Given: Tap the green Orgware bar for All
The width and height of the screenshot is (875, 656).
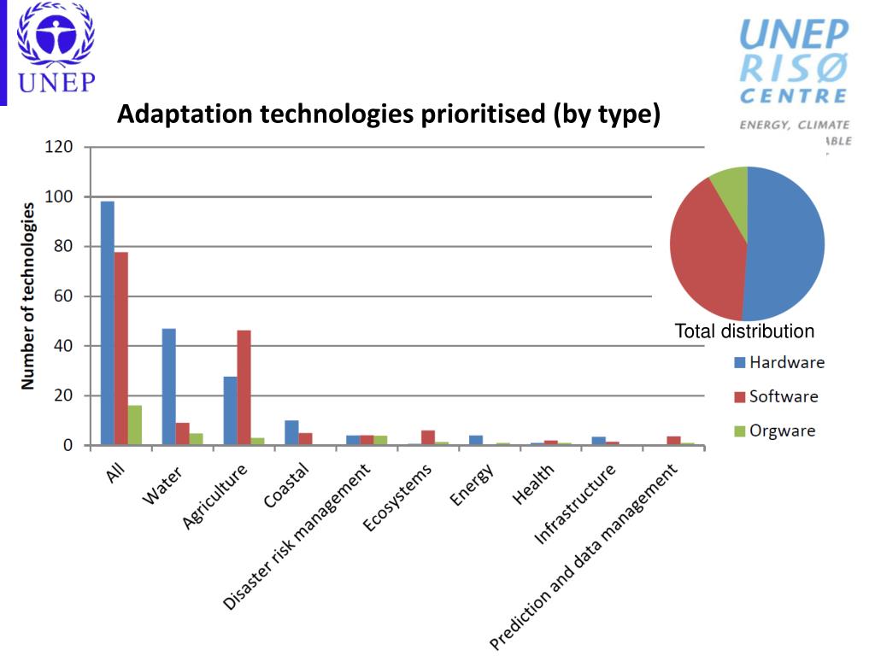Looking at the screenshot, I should pyautogui.click(x=135, y=425).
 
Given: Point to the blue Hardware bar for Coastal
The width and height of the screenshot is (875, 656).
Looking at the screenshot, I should pyautogui.click(x=292, y=433).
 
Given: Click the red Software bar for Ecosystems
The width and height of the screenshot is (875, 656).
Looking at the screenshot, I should pyautogui.click(x=428, y=437).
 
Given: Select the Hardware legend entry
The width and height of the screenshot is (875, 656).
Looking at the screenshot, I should pyautogui.click(x=778, y=362).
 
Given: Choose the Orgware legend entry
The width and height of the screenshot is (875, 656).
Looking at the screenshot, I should pyautogui.click(x=774, y=430).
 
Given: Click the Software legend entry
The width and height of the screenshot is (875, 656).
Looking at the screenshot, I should pyautogui.click(x=775, y=396).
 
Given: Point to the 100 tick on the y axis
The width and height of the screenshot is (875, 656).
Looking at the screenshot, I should pyautogui.click(x=64, y=196).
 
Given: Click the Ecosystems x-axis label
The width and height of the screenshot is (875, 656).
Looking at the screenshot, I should pyautogui.click(x=398, y=499).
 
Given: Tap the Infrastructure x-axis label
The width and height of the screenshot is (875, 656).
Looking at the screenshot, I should pyautogui.click(x=574, y=505).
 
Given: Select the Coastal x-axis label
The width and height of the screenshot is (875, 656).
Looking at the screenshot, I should pyautogui.click(x=286, y=486).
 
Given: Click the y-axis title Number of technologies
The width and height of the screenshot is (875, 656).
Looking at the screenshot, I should pyautogui.click(x=28, y=296).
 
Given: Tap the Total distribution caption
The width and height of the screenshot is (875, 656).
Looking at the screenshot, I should pyautogui.click(x=744, y=331).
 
